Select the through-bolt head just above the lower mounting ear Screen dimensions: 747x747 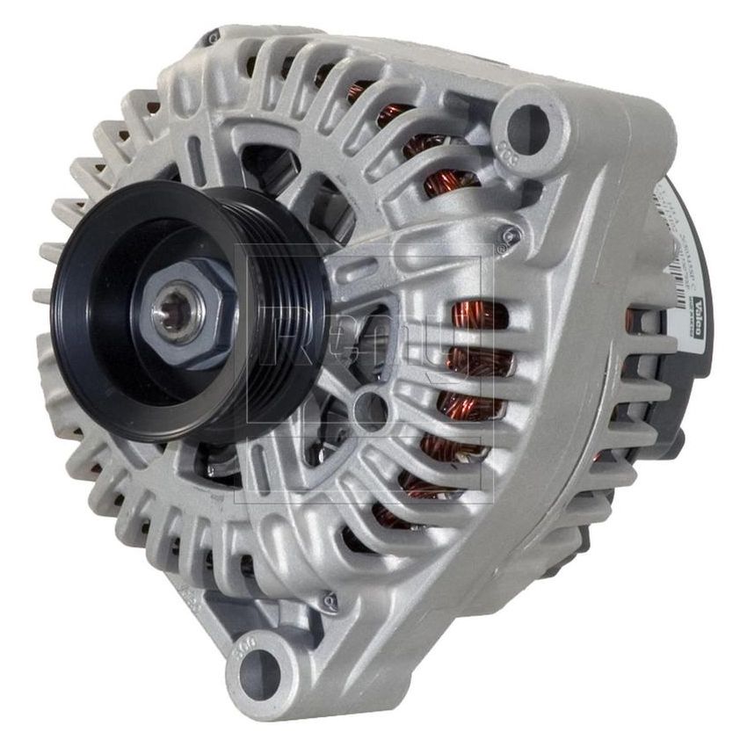pyautogui.click(x=330, y=601)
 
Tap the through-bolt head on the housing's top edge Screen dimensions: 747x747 pyautogui.click(x=211, y=40)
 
